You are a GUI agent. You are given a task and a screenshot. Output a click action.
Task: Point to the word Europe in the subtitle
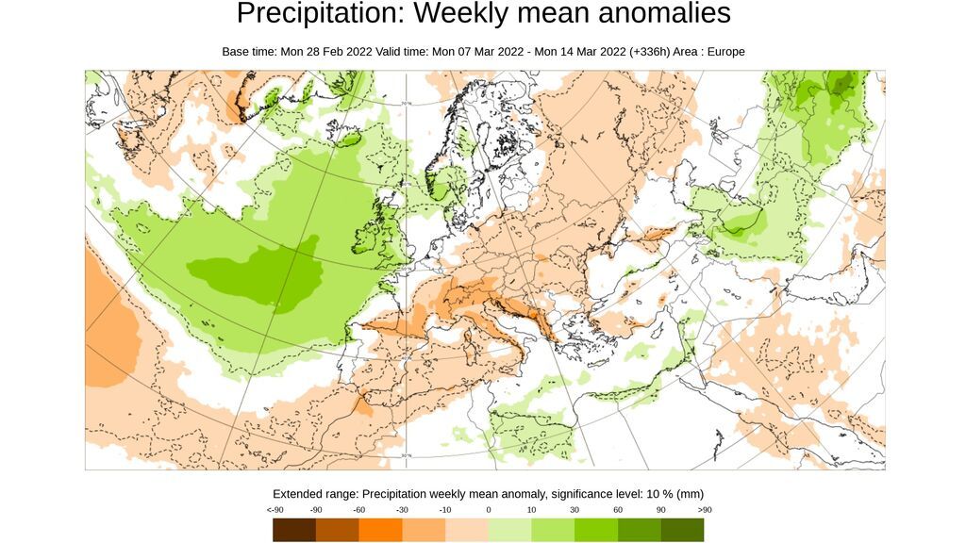coord(724,52)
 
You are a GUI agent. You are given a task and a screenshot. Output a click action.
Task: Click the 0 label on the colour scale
coord(489,510)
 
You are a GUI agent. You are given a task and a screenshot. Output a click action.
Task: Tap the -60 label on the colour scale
coord(359,510)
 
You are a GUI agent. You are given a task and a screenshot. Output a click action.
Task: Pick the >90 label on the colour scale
coord(705,510)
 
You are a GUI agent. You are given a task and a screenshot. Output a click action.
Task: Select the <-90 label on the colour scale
coord(274,510)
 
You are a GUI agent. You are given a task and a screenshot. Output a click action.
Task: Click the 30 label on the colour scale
coord(575,510)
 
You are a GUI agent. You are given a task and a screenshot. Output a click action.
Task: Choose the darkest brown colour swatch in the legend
coord(294,530)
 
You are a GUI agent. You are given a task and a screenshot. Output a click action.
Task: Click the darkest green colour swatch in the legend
coord(682,530)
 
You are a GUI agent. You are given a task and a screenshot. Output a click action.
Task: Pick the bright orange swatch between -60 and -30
coord(380,530)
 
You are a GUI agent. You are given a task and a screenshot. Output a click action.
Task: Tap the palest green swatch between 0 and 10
coord(509,530)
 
